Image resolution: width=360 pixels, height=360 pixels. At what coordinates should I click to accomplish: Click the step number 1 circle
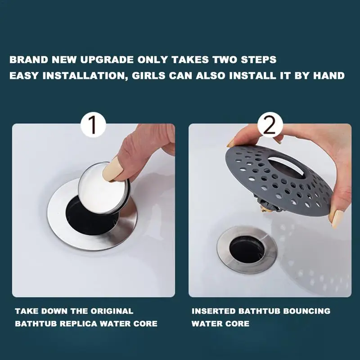click(x=93, y=125)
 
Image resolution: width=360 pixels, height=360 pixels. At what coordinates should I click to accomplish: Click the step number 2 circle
click(x=270, y=125)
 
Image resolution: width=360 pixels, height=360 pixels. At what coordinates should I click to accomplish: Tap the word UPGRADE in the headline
click(x=107, y=60)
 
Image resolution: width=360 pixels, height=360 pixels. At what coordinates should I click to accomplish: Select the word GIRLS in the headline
click(x=148, y=76)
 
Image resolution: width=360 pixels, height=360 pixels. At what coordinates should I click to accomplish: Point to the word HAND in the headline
click(x=329, y=76)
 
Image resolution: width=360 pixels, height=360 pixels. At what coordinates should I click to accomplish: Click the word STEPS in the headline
click(x=258, y=60)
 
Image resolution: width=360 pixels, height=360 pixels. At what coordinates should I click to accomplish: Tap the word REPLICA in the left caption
click(x=78, y=324)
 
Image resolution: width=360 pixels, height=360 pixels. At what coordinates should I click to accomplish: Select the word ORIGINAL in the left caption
click(x=112, y=311)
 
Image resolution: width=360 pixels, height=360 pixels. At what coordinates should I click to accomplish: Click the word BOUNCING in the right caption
click(x=307, y=311)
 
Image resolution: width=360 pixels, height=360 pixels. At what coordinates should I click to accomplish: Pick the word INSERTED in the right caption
click(x=213, y=311)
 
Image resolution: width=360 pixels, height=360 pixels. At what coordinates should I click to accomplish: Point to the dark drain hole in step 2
click(x=247, y=250)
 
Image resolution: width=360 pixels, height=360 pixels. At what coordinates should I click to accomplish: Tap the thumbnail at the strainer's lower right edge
click(x=337, y=219)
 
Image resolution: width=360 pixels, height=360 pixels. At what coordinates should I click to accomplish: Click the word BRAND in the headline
click(x=29, y=60)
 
